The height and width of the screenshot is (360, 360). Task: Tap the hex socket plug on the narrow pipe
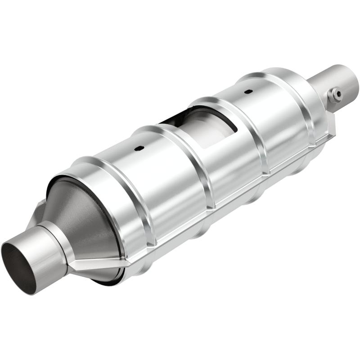point(335,94)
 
